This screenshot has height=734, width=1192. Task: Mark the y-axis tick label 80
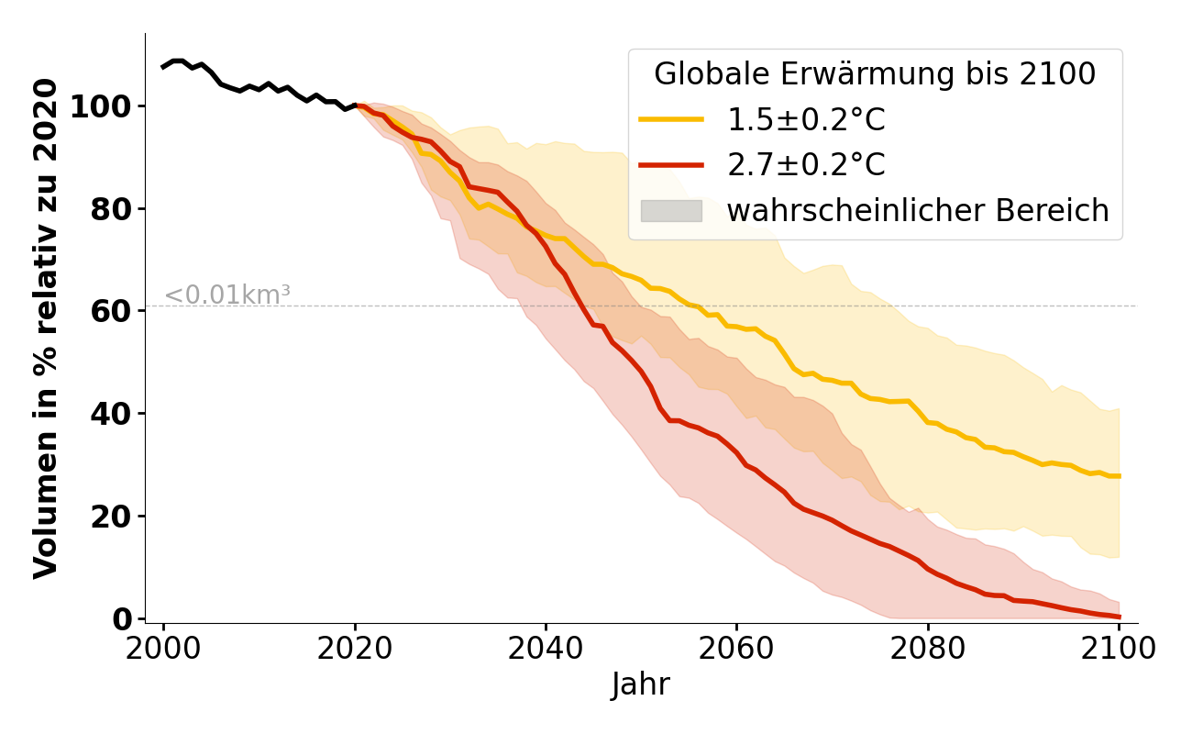click(110, 209)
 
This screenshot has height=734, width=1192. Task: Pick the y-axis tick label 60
click(110, 311)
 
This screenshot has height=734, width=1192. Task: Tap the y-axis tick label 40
click(110, 414)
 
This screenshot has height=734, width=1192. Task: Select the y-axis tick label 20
click(110, 517)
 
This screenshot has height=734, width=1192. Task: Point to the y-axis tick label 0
click(121, 619)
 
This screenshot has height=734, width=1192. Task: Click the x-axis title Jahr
click(640, 685)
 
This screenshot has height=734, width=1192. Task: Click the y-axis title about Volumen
click(46, 328)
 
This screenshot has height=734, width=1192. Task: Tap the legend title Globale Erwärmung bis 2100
click(875, 74)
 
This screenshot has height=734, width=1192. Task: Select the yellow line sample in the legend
click(671, 119)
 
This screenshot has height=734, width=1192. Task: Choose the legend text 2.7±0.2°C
click(806, 165)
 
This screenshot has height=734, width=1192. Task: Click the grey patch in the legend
click(671, 211)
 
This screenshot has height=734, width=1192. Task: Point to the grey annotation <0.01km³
click(227, 295)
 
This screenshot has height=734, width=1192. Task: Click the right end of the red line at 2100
click(1118, 617)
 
